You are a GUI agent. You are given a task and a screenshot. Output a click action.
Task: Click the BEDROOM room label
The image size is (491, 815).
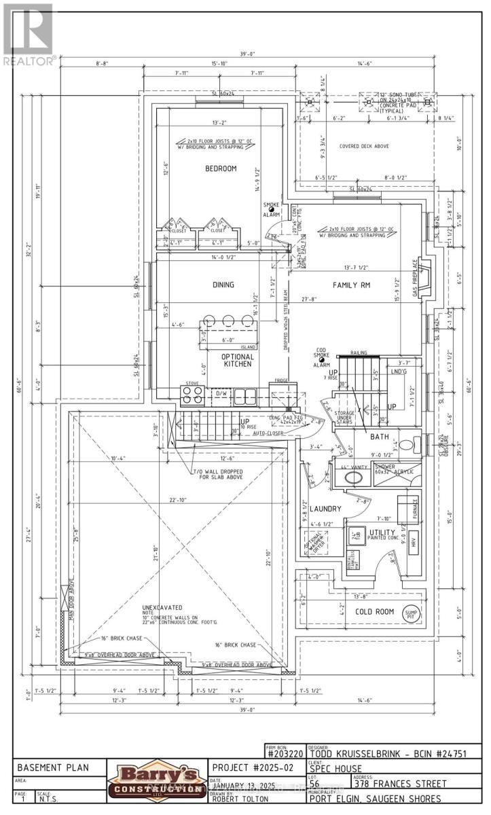[x=221, y=168]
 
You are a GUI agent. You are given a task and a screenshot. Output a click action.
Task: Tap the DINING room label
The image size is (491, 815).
[x=222, y=285]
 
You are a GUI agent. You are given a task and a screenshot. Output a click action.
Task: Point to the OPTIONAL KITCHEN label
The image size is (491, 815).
[x=238, y=360]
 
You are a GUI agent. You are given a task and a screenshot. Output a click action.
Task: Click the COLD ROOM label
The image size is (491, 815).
[x=374, y=611]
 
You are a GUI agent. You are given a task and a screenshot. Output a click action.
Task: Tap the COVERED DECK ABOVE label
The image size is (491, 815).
[x=364, y=145]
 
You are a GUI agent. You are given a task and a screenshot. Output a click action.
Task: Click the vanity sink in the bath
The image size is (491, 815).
[x=352, y=477]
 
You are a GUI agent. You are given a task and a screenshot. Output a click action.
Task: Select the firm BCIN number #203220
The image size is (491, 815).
[x=285, y=752]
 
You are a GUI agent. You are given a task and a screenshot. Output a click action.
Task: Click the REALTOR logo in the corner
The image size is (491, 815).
[x=29, y=34]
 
